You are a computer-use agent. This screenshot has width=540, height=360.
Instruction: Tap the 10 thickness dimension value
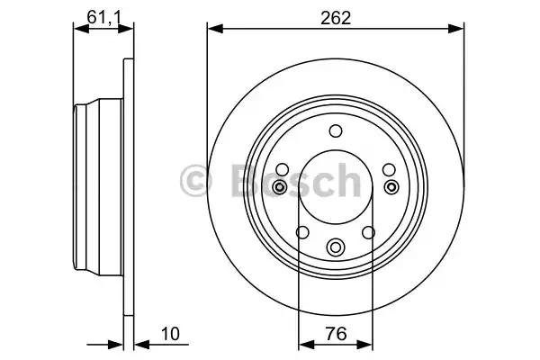(x=171, y=334)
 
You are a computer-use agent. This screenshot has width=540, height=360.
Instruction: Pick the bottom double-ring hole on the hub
(x=336, y=245)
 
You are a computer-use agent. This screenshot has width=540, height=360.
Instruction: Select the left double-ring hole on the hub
(x=280, y=186)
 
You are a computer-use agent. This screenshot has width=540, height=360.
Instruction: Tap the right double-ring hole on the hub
(x=391, y=186)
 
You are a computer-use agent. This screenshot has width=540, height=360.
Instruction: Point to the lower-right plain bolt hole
(x=368, y=232)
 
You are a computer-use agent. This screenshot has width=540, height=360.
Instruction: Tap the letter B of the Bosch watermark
(x=231, y=179)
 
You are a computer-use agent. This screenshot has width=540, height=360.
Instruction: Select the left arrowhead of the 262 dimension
(x=213, y=29)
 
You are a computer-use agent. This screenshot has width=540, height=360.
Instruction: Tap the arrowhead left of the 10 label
(x=139, y=343)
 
